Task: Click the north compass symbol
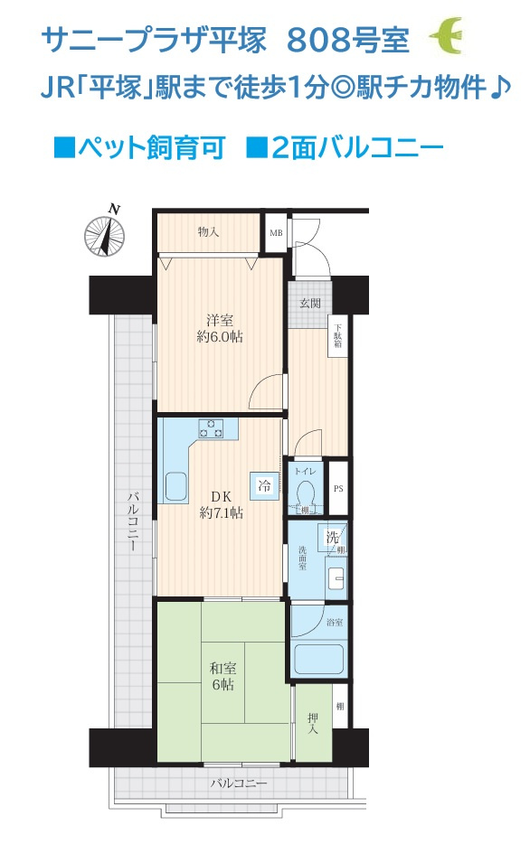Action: pyautogui.click(x=105, y=235)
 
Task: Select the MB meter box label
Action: pyautogui.click(x=276, y=233)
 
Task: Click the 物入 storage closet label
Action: pyautogui.click(x=208, y=232)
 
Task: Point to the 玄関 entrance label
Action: pyautogui.click(x=309, y=303)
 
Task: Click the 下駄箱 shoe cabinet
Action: pyautogui.click(x=337, y=336)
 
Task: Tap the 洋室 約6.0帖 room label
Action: pyautogui.click(x=220, y=328)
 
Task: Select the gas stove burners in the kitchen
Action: pyautogui.click(x=212, y=428)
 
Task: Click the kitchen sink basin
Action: pyautogui.click(x=176, y=485)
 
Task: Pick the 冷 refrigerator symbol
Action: pyautogui.click(x=264, y=484)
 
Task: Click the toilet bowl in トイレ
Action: pyautogui.click(x=307, y=493)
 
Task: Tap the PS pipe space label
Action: pyautogui.click(x=338, y=489)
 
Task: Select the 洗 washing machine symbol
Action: pyautogui.click(x=332, y=538)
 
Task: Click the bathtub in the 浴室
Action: pyautogui.click(x=319, y=660)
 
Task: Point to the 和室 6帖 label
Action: pyautogui.click(x=223, y=676)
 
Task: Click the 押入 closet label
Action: pyautogui.click(x=312, y=723)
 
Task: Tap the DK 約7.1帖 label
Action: pyautogui.click(x=222, y=504)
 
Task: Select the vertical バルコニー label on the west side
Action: pyautogui.click(x=133, y=521)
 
